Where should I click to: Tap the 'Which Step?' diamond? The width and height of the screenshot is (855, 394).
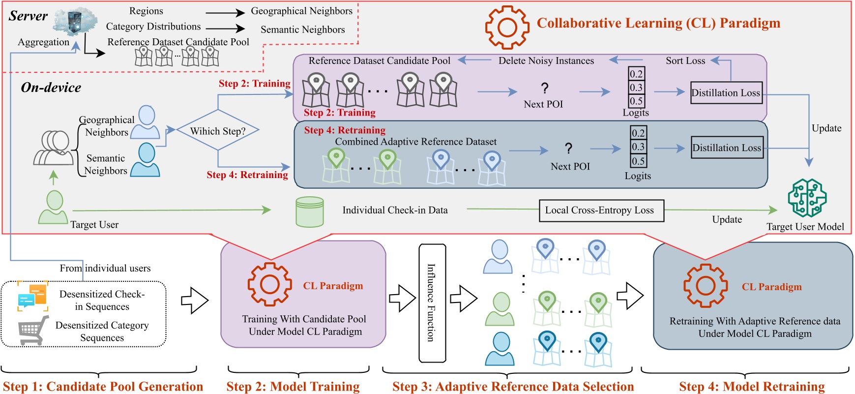point(217,131)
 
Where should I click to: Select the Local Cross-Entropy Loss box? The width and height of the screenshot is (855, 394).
point(601,211)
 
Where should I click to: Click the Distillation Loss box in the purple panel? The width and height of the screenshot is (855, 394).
point(726,93)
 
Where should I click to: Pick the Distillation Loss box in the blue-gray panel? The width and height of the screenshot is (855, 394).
point(727,148)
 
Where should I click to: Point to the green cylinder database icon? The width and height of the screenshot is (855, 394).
point(309,212)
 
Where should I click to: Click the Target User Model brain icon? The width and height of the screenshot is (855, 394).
point(807,198)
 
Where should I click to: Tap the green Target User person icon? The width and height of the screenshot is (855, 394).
point(54,207)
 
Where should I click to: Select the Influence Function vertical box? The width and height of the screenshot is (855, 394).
point(432,303)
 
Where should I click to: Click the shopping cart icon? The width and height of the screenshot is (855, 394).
point(33,330)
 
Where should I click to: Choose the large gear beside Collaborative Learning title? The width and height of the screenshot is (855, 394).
point(507,28)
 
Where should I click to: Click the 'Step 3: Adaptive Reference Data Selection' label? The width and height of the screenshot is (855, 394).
point(513,387)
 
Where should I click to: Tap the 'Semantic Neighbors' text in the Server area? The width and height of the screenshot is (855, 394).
point(302,30)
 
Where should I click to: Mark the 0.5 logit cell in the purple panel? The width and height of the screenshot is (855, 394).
point(636,101)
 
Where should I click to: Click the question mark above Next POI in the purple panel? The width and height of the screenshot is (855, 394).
point(544,89)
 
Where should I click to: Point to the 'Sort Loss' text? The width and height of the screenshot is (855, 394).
point(685,61)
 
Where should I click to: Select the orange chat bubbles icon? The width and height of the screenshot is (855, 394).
point(32,296)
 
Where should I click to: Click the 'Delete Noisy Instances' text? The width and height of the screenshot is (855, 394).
point(546,61)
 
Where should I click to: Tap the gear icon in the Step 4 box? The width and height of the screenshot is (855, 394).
point(706,286)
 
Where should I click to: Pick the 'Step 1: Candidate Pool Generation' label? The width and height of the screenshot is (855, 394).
point(103,387)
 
